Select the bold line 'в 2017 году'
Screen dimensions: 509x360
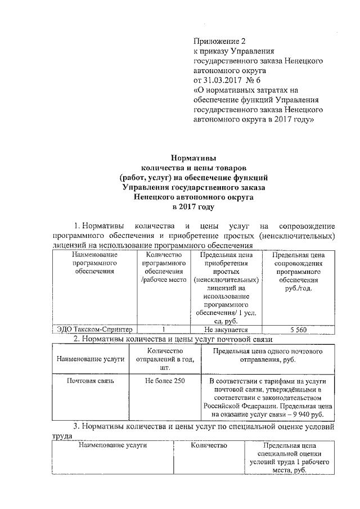(193, 208)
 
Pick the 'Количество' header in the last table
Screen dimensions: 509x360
(209, 446)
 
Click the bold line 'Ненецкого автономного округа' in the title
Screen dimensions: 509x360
(193, 197)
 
